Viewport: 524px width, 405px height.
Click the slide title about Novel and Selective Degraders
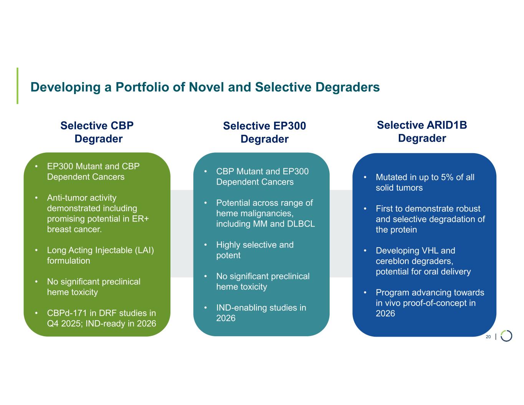click(205, 87)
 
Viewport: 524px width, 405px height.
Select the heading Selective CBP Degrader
click(98, 132)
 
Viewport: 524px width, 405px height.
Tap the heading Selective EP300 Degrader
click(264, 132)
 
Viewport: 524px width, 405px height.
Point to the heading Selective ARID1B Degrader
click(422, 131)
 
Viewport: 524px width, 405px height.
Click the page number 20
click(488, 337)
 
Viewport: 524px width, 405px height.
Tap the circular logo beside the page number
click(506, 336)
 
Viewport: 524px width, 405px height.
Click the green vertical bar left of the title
click(17, 86)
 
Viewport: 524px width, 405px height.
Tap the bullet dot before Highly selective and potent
click(206, 245)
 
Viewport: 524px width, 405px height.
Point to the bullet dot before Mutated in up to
click(365, 177)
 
